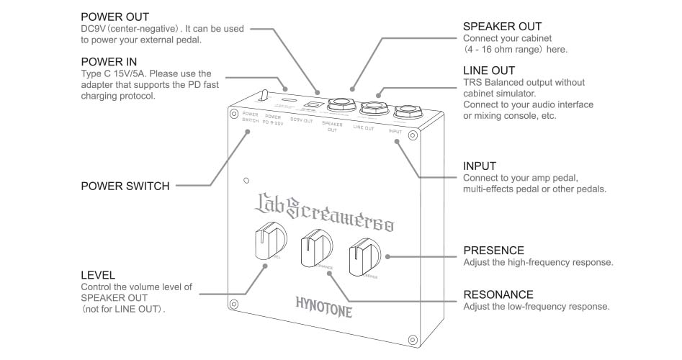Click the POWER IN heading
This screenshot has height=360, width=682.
click(x=109, y=61)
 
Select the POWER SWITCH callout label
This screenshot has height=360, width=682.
click(x=125, y=186)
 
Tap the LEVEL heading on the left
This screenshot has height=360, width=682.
click(x=99, y=275)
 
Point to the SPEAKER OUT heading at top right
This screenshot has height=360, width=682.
click(x=502, y=27)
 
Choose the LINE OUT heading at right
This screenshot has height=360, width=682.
click(x=489, y=71)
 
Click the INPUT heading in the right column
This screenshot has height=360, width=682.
click(x=480, y=166)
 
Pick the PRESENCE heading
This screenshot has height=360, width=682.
click(x=493, y=251)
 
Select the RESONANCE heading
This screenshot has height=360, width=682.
click(x=498, y=294)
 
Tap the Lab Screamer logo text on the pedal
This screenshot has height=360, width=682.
click(x=323, y=210)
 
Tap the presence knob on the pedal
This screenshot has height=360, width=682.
click(x=364, y=256)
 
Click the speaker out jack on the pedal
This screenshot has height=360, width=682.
click(x=338, y=106)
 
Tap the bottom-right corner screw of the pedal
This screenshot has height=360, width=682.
click(x=413, y=338)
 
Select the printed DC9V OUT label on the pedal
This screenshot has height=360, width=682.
click(x=301, y=120)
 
